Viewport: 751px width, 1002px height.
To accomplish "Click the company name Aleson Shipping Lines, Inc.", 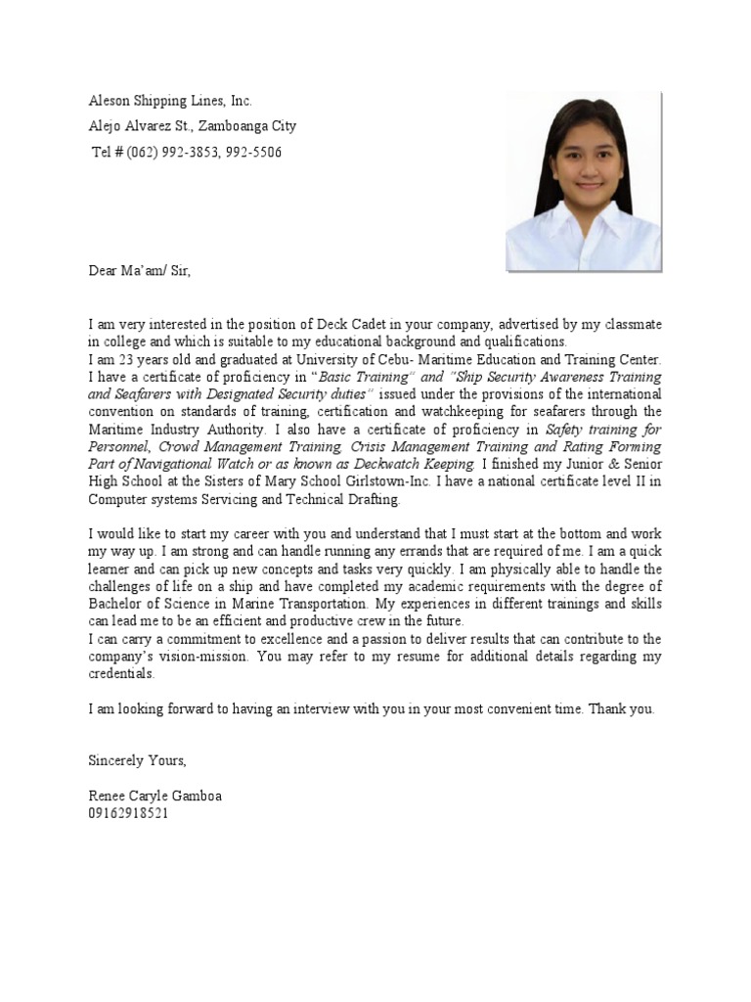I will point(170,101).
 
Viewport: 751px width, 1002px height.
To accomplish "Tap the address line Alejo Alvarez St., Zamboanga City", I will point(193,126).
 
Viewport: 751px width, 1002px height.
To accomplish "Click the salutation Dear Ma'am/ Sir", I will point(140,270).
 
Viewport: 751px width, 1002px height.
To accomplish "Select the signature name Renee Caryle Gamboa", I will point(155,796).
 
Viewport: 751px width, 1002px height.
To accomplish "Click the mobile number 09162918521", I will point(128,813).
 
